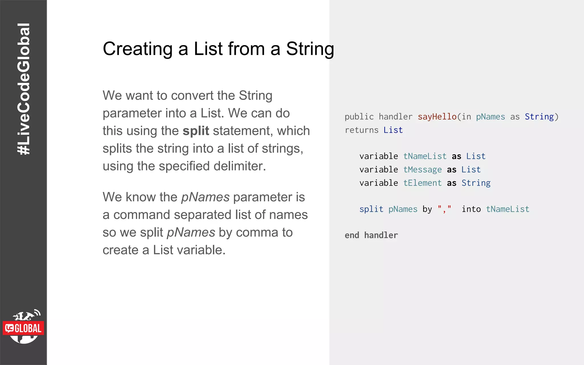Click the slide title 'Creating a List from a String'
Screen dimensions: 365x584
(218, 49)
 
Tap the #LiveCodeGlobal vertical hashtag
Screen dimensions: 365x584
(23, 89)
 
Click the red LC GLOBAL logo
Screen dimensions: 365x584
(23, 328)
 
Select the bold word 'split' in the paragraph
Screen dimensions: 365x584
(196, 131)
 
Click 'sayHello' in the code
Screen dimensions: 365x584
(437, 117)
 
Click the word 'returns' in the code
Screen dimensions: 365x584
(361, 130)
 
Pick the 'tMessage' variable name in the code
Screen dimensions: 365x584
(422, 170)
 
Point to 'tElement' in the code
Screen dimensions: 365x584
(422, 183)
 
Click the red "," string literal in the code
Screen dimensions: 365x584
(444, 209)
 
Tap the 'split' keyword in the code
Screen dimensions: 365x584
(371, 209)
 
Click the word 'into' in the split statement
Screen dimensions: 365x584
(471, 209)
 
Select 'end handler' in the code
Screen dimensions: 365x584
(371, 235)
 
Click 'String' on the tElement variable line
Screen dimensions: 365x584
(476, 183)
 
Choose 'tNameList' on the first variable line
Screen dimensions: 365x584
(425, 156)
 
